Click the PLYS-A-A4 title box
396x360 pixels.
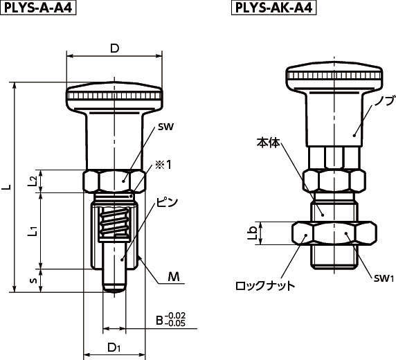tap(38, 8)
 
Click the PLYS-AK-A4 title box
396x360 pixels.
tap(273, 8)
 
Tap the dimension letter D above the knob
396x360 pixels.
tap(114, 48)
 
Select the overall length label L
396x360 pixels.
tap(8, 187)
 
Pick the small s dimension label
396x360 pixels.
tap(35, 280)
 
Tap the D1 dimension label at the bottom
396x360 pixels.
tap(114, 348)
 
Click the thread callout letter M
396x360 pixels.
tap(174, 277)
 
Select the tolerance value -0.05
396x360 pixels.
tap(176, 323)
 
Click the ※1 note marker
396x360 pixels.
tap(164, 165)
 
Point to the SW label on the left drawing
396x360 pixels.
tap(165, 127)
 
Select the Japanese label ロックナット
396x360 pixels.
tap(265, 286)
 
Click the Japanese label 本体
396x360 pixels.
tap(269, 143)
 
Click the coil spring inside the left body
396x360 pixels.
tap(114, 222)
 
